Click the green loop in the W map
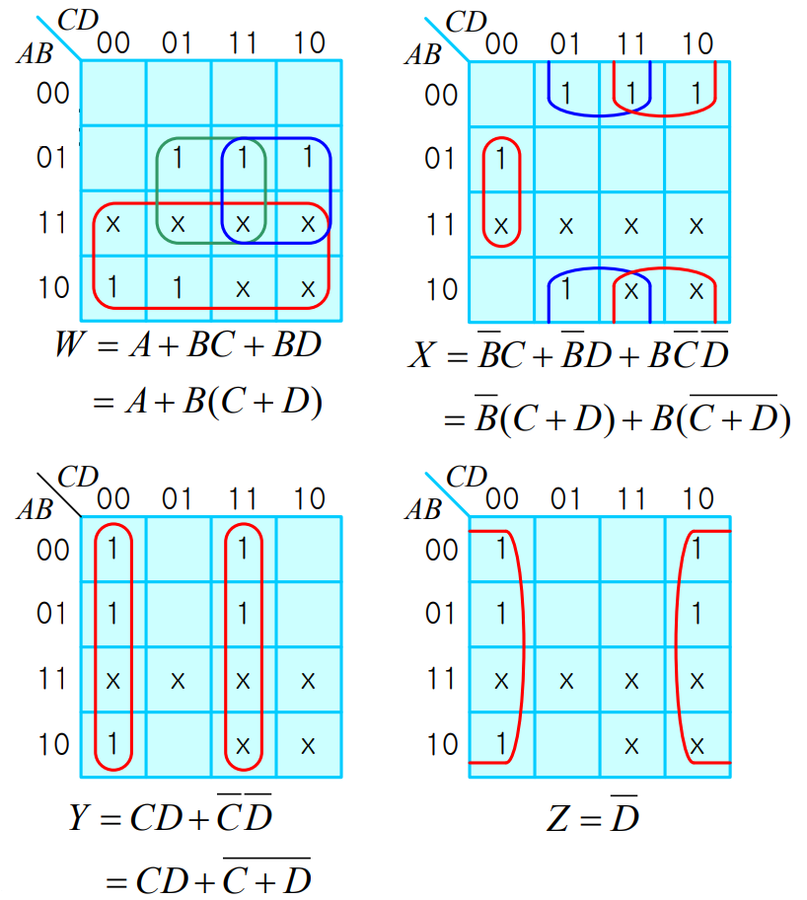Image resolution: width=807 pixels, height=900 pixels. (160, 187)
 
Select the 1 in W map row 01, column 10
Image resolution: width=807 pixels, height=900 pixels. (308, 157)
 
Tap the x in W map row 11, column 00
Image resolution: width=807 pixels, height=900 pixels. (112, 224)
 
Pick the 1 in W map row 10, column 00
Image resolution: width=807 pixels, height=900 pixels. (112, 288)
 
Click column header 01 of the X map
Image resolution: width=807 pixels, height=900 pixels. (565, 43)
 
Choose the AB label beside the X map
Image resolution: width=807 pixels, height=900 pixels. (423, 53)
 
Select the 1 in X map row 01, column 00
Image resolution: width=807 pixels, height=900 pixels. (501, 158)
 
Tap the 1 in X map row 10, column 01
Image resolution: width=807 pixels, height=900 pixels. (565, 290)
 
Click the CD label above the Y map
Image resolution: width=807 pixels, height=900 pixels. (78, 477)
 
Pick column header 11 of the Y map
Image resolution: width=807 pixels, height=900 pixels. (243, 498)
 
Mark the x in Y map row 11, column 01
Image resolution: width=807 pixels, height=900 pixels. (178, 680)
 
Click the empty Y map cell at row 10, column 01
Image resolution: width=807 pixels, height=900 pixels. (178, 743)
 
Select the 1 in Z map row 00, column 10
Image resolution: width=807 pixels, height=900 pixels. (697, 548)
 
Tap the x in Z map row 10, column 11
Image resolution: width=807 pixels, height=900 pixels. (631, 743)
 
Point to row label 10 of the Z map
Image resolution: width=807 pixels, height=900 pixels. (442, 743)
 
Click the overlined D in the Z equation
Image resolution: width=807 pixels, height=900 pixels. (623, 815)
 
